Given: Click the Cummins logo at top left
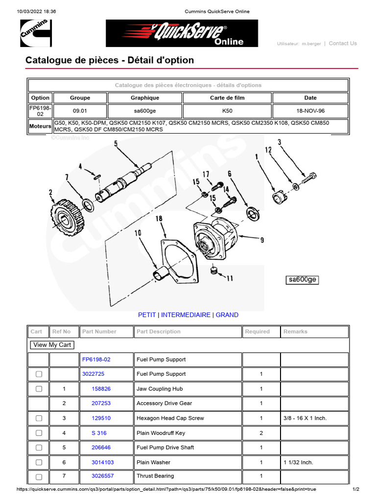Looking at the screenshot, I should pos(36,33).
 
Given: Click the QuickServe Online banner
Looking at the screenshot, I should pos(182,33).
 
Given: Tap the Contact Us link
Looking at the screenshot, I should pos(343,44).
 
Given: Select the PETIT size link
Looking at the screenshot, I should pos(147,315).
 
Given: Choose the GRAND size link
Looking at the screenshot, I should pos(227,315).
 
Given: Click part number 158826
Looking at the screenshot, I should pos(101,389).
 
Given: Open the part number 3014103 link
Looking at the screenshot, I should pos(103,462).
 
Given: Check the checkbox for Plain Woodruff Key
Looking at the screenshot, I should pos(39,433).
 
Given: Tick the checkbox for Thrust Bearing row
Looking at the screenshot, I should pos(39,477).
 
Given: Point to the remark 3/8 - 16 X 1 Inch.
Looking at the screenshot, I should pos(305,418).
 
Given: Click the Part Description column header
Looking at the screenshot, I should pos(159,332).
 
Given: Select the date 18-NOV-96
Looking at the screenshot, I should pos(310,111).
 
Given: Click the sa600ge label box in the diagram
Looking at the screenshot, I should pos(303,280).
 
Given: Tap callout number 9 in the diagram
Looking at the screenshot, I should pos(262,240).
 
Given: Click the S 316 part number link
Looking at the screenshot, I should pos(99,433).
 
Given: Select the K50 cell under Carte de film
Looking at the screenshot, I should pos(227,111).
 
